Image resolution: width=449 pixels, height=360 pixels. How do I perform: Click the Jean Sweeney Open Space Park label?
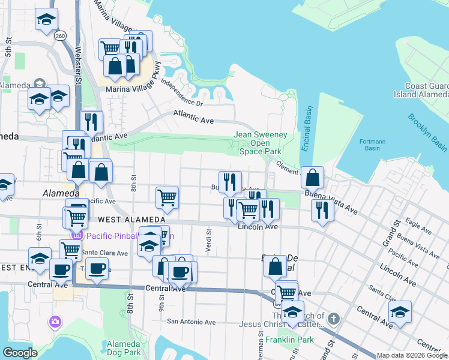tap(260, 143)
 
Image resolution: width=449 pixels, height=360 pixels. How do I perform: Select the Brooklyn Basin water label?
tap(427, 132)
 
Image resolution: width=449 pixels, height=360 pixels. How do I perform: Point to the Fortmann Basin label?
tap(372, 145)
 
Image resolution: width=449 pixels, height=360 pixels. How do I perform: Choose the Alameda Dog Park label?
tap(123, 349)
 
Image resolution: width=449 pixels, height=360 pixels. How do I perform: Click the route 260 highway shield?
tap(60, 36)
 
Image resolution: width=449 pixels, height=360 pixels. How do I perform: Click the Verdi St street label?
tap(208, 239)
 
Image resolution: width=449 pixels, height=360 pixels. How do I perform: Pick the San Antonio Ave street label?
tap(191, 322)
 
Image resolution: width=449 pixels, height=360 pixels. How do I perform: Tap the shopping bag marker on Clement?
tap(312, 178)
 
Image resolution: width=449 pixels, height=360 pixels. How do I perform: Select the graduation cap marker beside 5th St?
tap(46, 20)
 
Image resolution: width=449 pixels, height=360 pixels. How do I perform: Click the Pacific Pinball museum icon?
tap(76, 235)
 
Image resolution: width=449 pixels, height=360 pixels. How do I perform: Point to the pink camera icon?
tap(55, 322)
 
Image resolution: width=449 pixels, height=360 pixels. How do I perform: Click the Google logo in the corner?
tap(20, 352)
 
